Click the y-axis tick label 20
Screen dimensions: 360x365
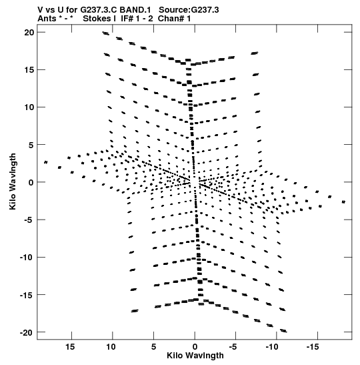29,32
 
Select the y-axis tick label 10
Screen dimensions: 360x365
29,107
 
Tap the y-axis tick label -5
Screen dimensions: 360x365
29,220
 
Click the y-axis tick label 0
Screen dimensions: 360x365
31,182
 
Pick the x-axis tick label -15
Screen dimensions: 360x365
312,347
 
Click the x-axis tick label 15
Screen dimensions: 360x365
70,347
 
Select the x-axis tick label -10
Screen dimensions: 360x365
271,347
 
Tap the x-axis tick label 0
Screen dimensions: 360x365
195,347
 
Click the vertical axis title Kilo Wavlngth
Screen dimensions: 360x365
13,181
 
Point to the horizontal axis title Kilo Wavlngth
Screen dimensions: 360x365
195,356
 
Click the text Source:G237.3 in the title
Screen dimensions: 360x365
189,10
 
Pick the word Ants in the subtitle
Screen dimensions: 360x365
47,19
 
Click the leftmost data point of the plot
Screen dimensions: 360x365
46,162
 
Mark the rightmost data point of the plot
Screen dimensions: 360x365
343,202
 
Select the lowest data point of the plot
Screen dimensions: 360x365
283,331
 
